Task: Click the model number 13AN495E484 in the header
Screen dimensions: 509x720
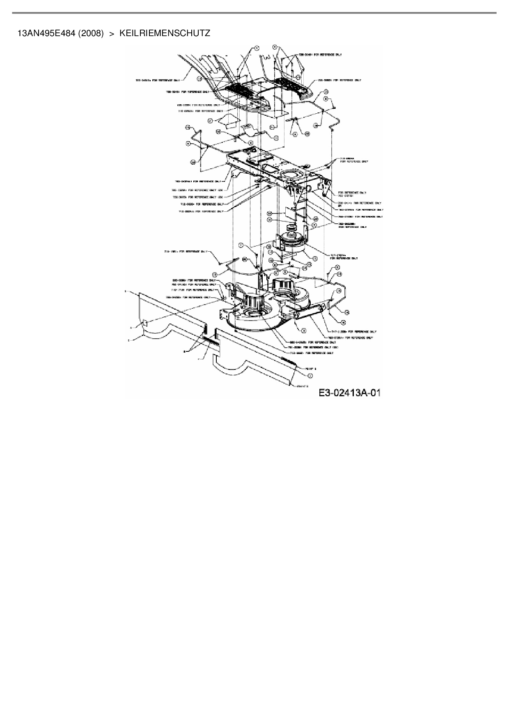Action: (46, 33)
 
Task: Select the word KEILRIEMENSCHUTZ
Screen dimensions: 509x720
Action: (165, 33)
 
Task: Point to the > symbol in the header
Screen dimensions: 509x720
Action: (111, 33)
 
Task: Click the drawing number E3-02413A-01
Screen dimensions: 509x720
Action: (350, 393)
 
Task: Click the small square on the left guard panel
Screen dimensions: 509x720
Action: (144, 323)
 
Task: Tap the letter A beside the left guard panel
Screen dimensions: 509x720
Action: (131, 328)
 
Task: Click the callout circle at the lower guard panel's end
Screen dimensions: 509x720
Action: (310, 375)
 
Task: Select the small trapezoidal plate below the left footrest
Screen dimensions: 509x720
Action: (229, 119)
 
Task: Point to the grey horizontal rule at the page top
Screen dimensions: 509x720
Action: (254, 13)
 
